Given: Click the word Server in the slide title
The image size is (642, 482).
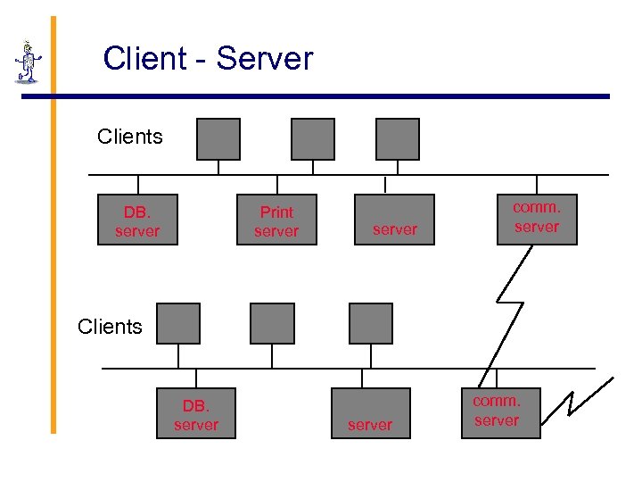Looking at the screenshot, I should point(265,59).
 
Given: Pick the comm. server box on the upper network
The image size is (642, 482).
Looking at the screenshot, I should point(537,219).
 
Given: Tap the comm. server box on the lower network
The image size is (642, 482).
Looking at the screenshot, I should point(500,412).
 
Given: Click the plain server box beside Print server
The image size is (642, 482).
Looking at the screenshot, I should point(395,220).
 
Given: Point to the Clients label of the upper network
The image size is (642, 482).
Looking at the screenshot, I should point(130,137).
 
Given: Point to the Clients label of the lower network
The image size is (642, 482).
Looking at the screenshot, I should point(110,327).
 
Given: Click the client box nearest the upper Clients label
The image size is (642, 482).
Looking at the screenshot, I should point(218,139).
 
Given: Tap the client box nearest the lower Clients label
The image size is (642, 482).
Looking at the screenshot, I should point(178,323).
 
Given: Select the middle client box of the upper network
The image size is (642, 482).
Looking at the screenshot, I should point(313,139).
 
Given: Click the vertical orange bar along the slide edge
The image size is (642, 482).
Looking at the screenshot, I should point(53,223).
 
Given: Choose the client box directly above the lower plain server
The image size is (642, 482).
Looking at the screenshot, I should point(371,323).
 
